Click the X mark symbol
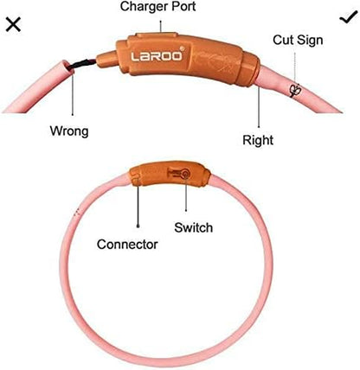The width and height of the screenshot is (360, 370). point(13,24)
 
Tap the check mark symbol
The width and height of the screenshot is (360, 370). point(348,19)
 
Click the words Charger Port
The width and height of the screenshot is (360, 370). point(158,7)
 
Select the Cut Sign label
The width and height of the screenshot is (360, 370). point(298,40)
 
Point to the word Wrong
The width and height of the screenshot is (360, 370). point(69,131)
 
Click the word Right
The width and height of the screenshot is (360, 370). point(258,140)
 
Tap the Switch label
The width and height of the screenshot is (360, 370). point(193,227)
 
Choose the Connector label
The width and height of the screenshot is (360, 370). point(127,245)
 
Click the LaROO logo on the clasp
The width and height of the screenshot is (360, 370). point(157,56)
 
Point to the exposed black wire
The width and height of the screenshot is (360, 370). point(82,64)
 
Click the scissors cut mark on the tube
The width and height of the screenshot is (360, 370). point(295,91)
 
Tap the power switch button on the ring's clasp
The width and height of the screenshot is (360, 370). point(184,174)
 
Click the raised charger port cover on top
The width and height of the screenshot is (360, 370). point(157,35)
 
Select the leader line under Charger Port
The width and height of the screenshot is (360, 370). point(161,26)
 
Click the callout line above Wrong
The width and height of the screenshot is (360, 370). point(73,92)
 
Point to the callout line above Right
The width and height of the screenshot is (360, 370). point(259,106)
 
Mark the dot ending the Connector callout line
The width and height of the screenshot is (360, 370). point(138,226)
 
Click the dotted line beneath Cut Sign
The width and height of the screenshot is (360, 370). point(295,68)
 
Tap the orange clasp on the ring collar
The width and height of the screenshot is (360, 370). point(170,174)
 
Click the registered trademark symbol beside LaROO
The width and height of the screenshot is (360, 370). point(182,48)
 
